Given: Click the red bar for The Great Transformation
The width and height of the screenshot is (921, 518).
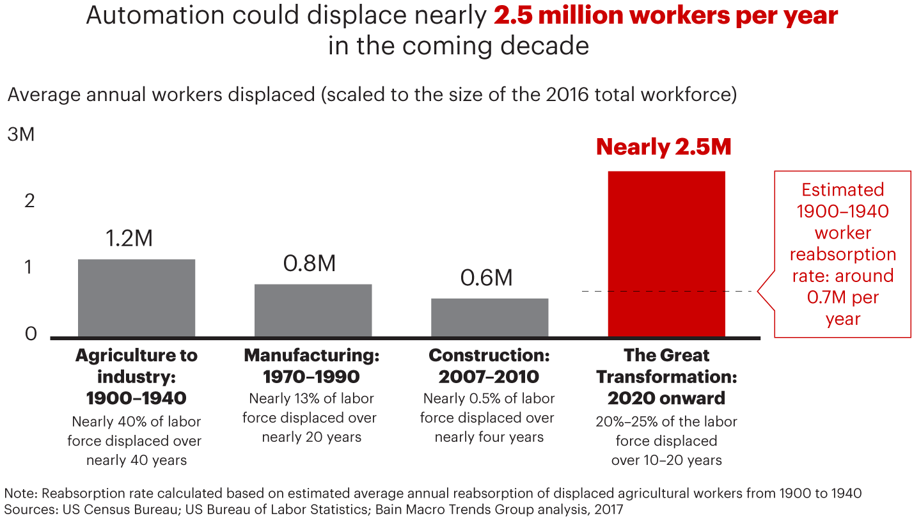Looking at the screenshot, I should click(666, 253).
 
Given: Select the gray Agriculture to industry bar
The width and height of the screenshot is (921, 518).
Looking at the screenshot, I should click(136, 297).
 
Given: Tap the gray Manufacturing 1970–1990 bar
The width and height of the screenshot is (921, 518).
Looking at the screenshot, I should click(313, 310).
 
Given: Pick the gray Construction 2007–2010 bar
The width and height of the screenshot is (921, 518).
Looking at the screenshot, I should click(489, 317).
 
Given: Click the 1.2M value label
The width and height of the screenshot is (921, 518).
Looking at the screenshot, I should click(129, 239).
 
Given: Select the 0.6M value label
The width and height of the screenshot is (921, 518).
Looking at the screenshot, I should click(487, 278).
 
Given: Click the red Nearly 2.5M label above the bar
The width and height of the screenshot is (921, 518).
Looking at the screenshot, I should click(663, 147).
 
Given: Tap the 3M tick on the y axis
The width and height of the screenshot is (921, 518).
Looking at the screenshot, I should click(21, 136).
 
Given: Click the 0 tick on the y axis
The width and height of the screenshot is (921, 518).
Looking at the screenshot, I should click(30, 334).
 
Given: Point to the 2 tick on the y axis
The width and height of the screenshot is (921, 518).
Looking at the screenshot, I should click(29, 201).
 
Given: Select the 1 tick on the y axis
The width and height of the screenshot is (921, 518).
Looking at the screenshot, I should click(29, 267).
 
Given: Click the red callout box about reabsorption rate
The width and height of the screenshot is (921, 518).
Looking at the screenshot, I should click(842, 254).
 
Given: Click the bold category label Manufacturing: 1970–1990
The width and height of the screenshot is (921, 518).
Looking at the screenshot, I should click(311, 366).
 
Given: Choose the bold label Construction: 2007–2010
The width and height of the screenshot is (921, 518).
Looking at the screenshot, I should click(489, 366).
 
